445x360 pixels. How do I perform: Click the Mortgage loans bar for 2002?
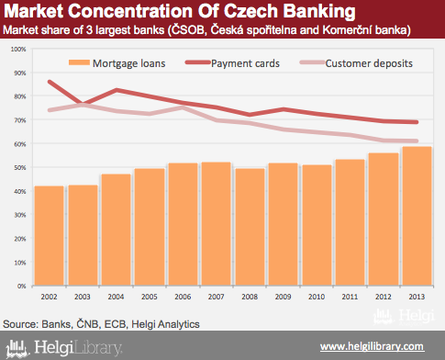tap(50, 236)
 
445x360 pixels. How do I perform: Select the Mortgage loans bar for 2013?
tap(417, 216)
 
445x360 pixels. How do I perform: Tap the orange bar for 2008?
tap(250, 227)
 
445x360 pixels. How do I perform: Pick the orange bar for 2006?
tap(183, 224)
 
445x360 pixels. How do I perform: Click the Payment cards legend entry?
tap(232, 63)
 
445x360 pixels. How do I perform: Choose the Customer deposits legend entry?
tap(356, 63)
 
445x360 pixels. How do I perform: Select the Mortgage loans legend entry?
tap(117, 63)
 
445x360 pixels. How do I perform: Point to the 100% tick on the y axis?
tap(18, 49)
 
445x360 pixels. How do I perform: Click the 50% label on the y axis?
tap(20, 167)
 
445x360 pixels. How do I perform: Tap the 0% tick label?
tap(21, 286)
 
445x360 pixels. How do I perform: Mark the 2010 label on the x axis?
tap(317, 297)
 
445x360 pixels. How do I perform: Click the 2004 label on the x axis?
tap(116, 297)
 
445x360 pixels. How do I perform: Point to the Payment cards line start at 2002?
tap(50, 82)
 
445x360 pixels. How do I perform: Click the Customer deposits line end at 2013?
tap(417, 141)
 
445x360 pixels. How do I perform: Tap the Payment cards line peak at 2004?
tap(117, 90)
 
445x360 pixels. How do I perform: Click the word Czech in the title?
tap(250, 11)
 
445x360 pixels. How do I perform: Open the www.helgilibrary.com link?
tap(372, 346)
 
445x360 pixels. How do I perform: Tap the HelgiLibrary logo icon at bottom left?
tap(17, 348)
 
